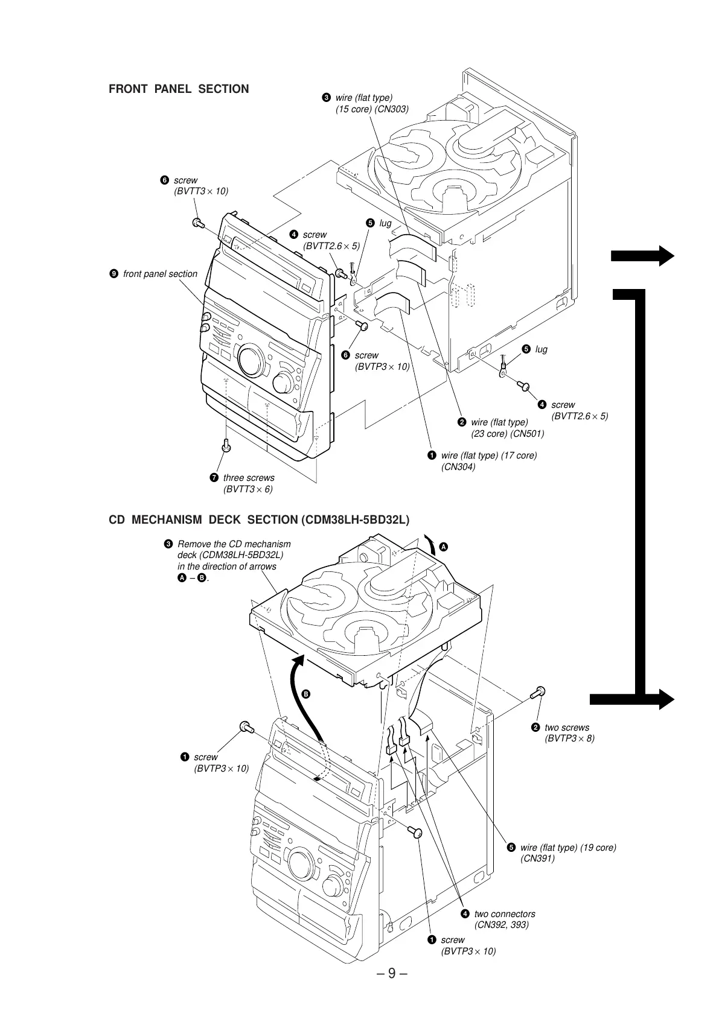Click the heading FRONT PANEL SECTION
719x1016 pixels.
179,89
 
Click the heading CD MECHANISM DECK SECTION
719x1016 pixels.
258,520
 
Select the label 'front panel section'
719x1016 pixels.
160,274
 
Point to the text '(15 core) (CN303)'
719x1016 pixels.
372,109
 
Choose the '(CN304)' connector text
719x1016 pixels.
458,466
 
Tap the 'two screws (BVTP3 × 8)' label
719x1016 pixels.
569,733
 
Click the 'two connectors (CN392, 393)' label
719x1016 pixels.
504,919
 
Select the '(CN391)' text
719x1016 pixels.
537,859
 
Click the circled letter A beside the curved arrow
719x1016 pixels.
444,547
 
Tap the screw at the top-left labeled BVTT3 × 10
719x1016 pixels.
197,223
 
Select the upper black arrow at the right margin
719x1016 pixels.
642,256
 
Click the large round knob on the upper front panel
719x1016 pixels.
249,361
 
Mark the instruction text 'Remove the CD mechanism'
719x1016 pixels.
234,544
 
